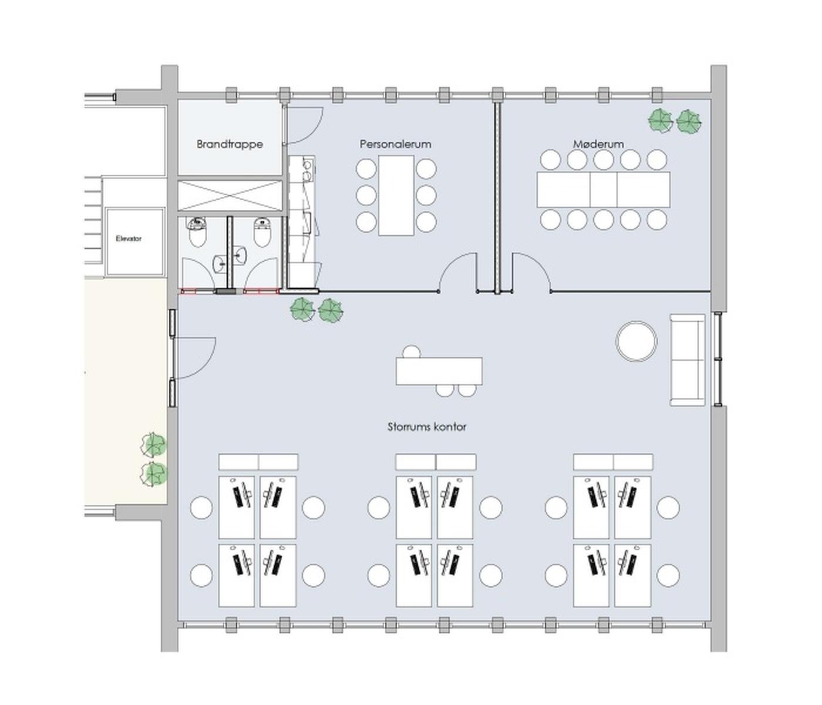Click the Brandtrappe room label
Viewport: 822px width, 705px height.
[x=230, y=144]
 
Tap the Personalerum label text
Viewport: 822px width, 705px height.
[x=395, y=144]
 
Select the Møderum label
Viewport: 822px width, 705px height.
[x=598, y=144]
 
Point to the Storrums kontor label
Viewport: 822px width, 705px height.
[x=427, y=427]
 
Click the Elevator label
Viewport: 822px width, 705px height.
[x=129, y=239]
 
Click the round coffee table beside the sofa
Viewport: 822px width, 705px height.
[x=636, y=341]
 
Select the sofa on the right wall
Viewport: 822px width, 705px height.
[x=688, y=360]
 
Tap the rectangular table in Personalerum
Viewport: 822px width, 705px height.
[x=396, y=196]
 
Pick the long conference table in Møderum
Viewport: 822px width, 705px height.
[x=603, y=189]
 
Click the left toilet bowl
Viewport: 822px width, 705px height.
[x=197, y=236]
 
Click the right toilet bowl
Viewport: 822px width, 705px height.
[x=262, y=236]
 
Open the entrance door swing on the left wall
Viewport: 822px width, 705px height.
[x=195, y=358]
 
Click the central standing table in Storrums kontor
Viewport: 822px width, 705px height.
[x=439, y=371]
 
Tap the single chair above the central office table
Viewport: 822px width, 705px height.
[x=411, y=352]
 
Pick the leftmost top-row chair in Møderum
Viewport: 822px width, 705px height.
[x=551, y=160]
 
